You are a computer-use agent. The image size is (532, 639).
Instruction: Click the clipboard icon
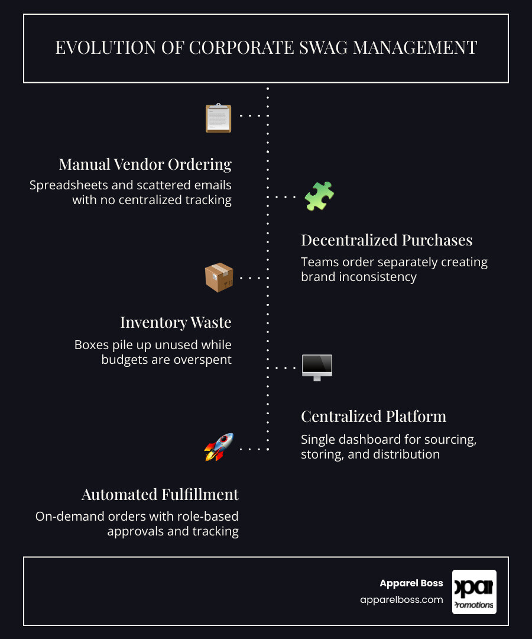(x=219, y=118)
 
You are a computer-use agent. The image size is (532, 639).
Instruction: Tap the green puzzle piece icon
(x=319, y=196)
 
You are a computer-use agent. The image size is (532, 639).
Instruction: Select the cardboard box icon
(x=219, y=277)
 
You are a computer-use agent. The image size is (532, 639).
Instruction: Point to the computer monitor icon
(x=317, y=367)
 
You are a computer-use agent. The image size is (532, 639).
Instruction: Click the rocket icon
(x=219, y=447)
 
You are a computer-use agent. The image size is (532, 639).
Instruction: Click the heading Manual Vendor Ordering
(x=145, y=164)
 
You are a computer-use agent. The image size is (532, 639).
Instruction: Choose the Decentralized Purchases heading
(x=387, y=240)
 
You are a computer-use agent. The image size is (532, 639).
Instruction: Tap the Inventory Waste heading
(x=176, y=322)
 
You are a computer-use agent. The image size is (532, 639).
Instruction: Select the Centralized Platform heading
(x=374, y=417)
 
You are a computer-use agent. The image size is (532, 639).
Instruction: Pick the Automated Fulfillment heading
(x=160, y=494)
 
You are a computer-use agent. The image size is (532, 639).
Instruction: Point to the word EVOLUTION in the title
(x=106, y=48)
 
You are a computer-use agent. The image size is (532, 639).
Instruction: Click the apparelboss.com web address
(x=401, y=600)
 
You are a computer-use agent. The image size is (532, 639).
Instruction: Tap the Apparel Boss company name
(x=411, y=583)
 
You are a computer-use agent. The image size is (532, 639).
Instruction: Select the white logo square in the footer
(x=474, y=592)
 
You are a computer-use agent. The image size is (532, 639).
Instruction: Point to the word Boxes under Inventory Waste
(x=92, y=345)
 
